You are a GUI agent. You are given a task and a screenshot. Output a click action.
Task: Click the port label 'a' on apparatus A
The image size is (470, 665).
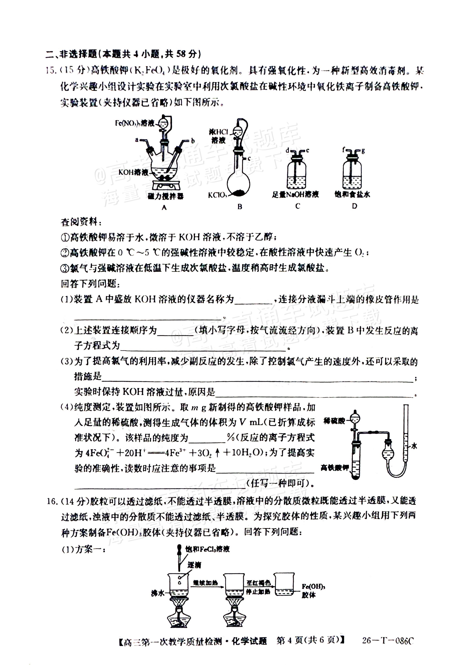coord(137,140)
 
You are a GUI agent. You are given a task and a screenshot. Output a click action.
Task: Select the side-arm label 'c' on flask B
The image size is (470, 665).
coord(249,158)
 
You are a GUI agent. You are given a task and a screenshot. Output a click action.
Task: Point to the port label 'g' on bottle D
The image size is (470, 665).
coord(363,150)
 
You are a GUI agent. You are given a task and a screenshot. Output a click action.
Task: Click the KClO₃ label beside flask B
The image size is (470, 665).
coord(217,195)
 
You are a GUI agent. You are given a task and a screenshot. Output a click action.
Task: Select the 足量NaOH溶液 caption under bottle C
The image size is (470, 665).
coord(295,194)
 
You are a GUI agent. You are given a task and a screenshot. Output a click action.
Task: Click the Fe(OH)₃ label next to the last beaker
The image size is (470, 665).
coord(313,587)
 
